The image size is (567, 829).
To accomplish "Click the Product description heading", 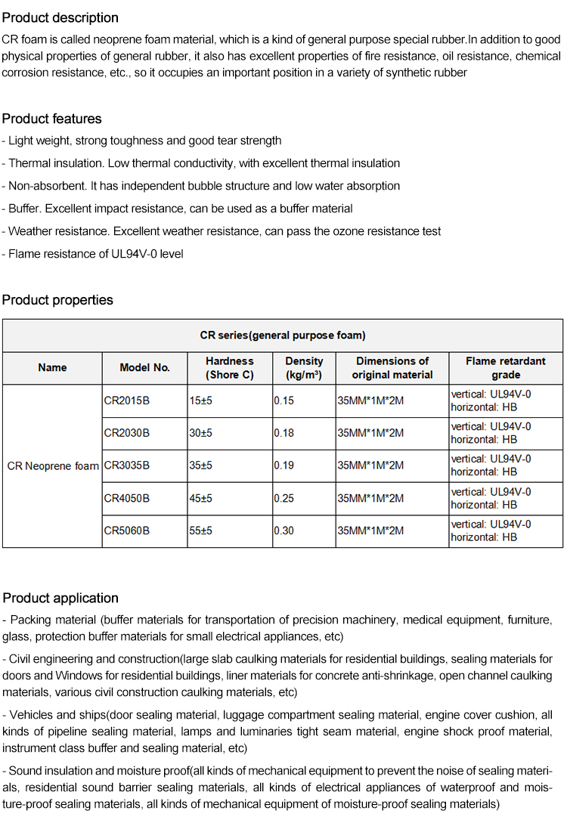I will click(x=60, y=17).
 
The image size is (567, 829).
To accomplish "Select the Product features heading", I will click(x=51, y=119).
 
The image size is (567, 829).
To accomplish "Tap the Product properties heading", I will click(x=57, y=300).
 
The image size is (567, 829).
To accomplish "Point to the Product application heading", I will click(x=60, y=598).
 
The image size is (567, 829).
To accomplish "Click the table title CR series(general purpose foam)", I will click(x=283, y=336).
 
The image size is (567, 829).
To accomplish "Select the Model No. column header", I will click(x=145, y=368).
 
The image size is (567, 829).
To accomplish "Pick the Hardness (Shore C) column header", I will click(x=230, y=368).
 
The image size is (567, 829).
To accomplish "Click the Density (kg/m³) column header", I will click(x=304, y=368).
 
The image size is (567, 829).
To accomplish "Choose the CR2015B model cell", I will click(x=127, y=401).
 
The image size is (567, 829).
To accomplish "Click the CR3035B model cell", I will click(x=127, y=466).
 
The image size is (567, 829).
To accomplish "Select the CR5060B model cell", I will click(x=127, y=530).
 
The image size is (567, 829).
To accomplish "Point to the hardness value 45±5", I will click(x=201, y=498).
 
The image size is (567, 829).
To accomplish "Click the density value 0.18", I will click(x=284, y=433).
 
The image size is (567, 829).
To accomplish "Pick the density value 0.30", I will click(x=284, y=530).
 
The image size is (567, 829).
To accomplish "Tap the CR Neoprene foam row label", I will click(x=53, y=466).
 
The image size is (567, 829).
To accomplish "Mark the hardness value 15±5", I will click(x=201, y=401).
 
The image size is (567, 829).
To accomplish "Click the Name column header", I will click(x=52, y=368).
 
